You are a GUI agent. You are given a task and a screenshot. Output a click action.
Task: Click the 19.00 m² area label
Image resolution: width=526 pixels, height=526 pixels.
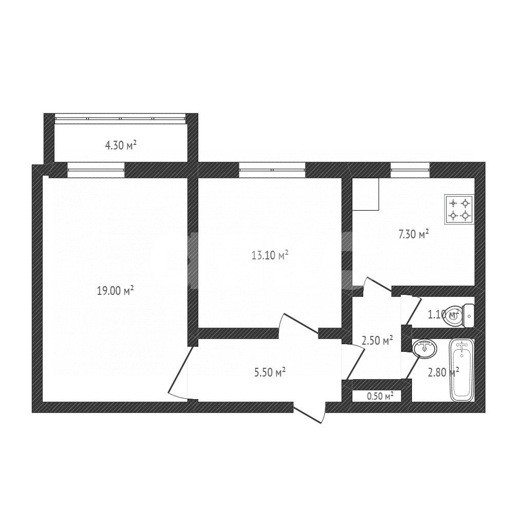click(x=115, y=291)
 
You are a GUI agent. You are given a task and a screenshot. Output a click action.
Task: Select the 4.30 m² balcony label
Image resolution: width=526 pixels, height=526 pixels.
click(x=121, y=145)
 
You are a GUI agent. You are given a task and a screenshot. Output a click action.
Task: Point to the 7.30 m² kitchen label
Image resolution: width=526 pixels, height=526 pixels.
click(x=414, y=235)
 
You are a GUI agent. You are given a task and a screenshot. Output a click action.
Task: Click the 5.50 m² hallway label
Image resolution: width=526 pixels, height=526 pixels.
click(x=270, y=373)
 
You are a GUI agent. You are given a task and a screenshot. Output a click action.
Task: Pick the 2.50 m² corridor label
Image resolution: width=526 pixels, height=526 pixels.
click(x=378, y=340)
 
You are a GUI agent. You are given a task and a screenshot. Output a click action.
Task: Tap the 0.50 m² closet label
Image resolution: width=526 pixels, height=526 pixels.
click(x=380, y=396)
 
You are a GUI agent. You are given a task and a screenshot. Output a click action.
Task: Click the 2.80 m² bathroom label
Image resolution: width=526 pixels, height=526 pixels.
click(x=443, y=372)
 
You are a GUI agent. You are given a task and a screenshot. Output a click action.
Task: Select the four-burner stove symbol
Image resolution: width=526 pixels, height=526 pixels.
click(x=459, y=209)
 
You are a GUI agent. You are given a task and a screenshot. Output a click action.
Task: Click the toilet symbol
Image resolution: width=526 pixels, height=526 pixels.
click(x=459, y=314)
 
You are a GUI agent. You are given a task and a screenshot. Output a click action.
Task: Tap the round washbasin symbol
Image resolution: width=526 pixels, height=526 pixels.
click(x=425, y=348)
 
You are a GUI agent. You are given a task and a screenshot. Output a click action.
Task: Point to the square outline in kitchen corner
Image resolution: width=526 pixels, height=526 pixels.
click(x=366, y=194)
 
